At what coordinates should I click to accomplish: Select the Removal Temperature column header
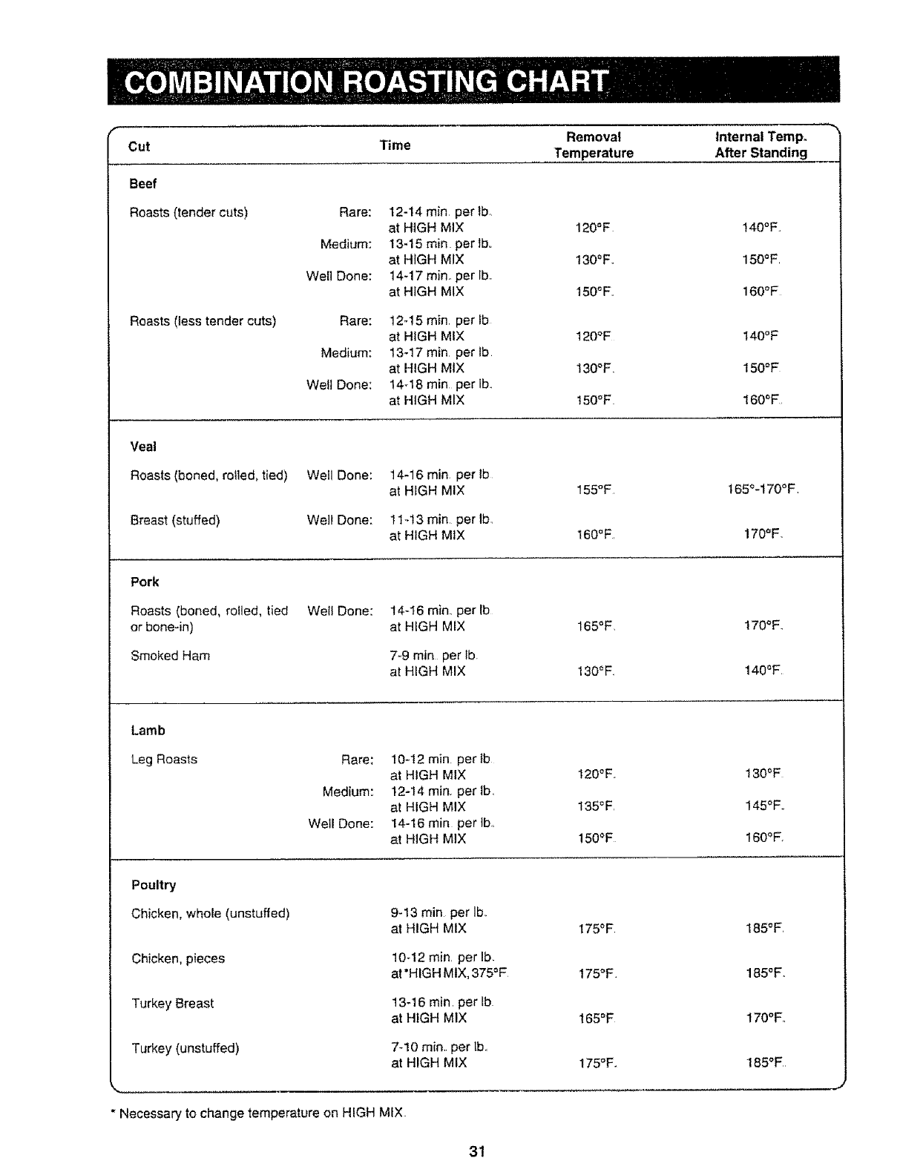pos(594,145)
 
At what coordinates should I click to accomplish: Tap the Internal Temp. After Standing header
pos(761,145)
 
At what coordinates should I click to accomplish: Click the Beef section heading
pos(142,183)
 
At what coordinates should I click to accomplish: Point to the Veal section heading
pos(143,447)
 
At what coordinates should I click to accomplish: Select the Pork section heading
pos(145,582)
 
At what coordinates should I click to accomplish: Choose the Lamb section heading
pos(148,731)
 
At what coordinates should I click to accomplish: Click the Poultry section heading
pos(154,885)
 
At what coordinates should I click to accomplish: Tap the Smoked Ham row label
pos(170,656)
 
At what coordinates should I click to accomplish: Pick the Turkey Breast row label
pos(172,1004)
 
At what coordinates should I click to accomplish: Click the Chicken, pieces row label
pos(178,958)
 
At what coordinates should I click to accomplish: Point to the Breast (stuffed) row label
pos(175,520)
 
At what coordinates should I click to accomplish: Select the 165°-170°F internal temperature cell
pos(763,490)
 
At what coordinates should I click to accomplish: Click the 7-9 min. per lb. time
pos(434,656)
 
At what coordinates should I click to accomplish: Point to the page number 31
pos(476,1151)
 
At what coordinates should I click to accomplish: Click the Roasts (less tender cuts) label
pos(203,321)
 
